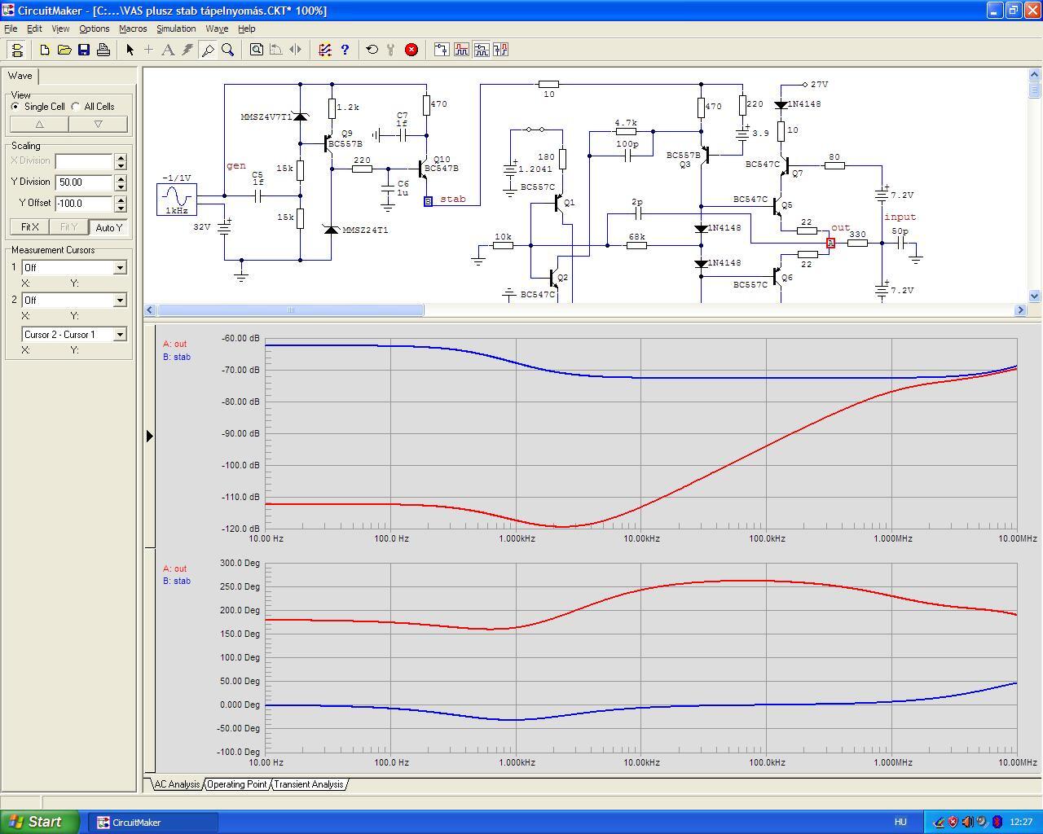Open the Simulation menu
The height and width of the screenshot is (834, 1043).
[x=176, y=29]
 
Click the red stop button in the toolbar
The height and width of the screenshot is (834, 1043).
[x=411, y=50]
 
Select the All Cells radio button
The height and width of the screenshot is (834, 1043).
[x=76, y=106]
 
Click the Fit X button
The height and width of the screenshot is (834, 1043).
[x=29, y=226]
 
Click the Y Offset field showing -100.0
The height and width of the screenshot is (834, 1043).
[x=84, y=203]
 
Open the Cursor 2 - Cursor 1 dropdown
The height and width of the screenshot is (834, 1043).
[x=120, y=335]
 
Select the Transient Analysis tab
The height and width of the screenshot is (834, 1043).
[x=309, y=784]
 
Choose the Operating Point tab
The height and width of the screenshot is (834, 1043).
[x=237, y=784]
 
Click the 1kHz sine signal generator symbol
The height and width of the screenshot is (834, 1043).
[x=177, y=200]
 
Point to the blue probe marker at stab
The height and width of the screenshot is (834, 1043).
[x=428, y=201]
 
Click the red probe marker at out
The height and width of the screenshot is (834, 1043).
[x=830, y=243]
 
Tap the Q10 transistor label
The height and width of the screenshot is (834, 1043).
[x=442, y=159]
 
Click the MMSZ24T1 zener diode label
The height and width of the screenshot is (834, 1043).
[x=365, y=230]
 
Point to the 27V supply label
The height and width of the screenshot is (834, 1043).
[x=820, y=85]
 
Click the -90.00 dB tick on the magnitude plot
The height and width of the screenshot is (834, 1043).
[x=240, y=433]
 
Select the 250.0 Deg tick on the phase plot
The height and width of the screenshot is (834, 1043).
[x=240, y=586]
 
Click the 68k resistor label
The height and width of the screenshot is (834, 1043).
[x=637, y=236]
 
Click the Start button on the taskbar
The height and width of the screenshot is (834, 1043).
[x=38, y=822]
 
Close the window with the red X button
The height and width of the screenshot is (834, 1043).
[x=1033, y=10]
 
